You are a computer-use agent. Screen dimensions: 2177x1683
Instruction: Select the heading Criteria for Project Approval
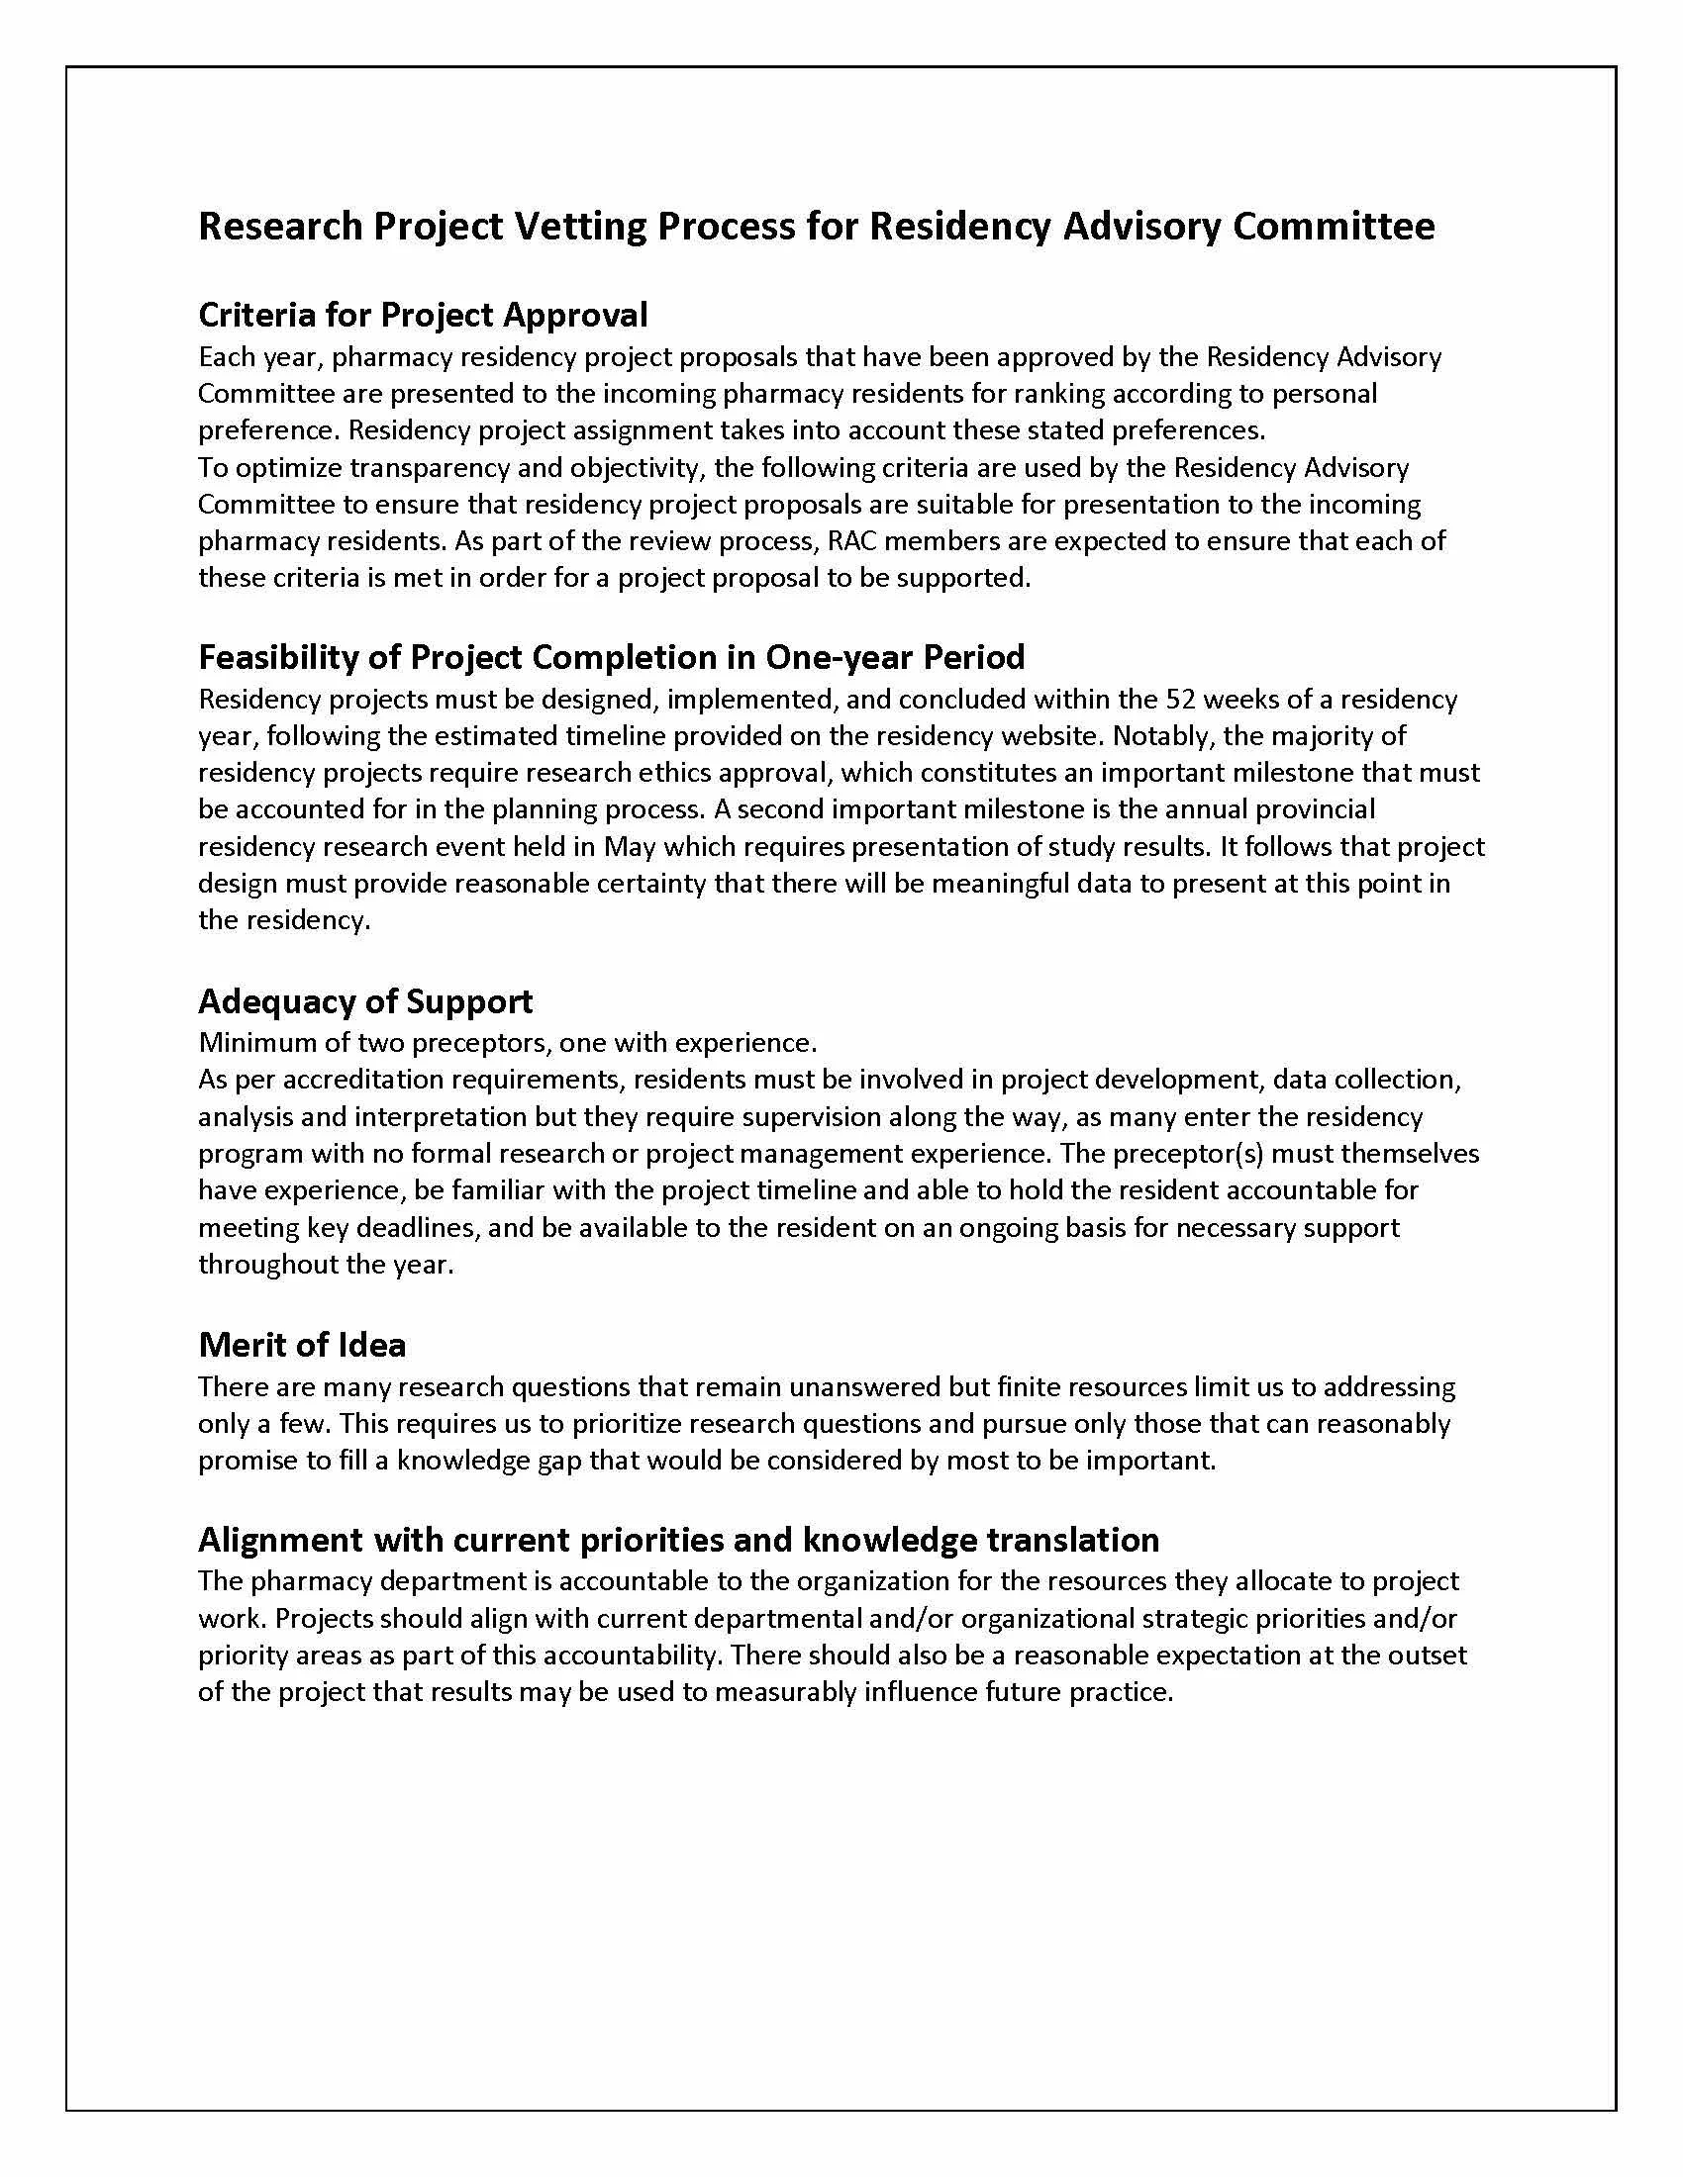coord(423,315)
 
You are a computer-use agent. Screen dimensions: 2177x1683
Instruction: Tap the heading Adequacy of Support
coord(365,1000)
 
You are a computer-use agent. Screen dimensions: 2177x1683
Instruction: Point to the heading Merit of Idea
coord(302,1345)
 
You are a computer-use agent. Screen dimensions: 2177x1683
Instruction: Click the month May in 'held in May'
coord(629,846)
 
